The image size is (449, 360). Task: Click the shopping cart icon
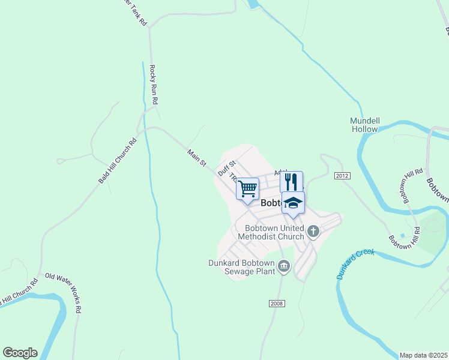pyautogui.click(x=247, y=189)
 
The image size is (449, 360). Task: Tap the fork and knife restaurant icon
pyautogui.click(x=291, y=182)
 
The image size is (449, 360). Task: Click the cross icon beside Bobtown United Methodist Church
pyautogui.click(x=313, y=231)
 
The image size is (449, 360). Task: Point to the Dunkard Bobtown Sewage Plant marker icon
pyautogui.click(x=284, y=266)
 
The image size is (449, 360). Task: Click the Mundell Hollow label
pyautogui.click(x=364, y=125)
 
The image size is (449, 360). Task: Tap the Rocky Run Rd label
pyautogui.click(x=154, y=85)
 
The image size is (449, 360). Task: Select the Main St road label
pyautogui.click(x=196, y=158)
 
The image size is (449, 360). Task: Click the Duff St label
pyautogui.click(x=227, y=167)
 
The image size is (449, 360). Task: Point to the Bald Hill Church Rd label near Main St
pyautogui.click(x=117, y=161)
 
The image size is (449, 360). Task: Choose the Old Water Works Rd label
pyautogui.click(x=63, y=293)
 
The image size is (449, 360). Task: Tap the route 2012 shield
pyautogui.click(x=342, y=175)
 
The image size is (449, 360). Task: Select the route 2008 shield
pyautogui.click(x=276, y=303)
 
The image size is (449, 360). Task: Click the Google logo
pyautogui.click(x=20, y=353)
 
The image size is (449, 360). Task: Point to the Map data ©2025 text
pyautogui.click(x=423, y=355)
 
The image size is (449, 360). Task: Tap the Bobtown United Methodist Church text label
pyautogui.click(x=271, y=232)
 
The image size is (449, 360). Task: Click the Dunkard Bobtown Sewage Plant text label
pyautogui.click(x=241, y=267)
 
